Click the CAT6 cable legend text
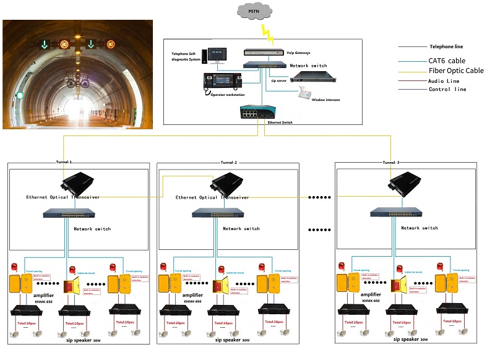pyautogui.click(x=447, y=61)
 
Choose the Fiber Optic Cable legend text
pyautogui.click(x=456, y=71)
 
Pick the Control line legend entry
pyautogui.click(x=447, y=89)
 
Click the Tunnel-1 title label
pyautogui.click(x=63, y=162)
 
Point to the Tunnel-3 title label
pyautogui.click(x=391, y=162)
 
